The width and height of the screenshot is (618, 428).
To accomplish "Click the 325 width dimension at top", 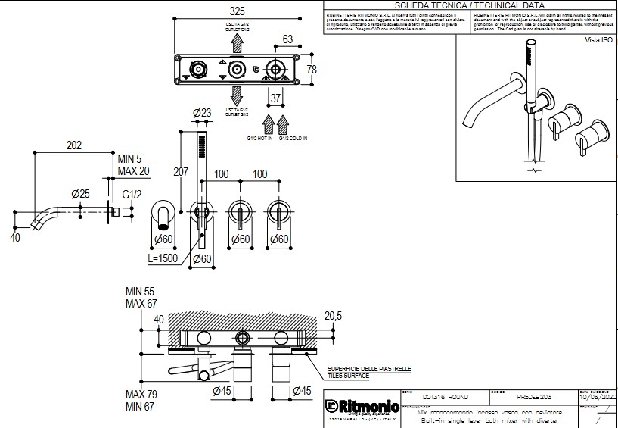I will (x=237, y=11).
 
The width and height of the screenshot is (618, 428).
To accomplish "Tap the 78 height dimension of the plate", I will (x=311, y=69).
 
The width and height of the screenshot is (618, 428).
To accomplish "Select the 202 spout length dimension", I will (x=74, y=145).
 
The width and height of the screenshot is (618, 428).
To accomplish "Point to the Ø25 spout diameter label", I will (x=80, y=194).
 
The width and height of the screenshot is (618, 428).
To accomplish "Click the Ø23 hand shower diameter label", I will (x=202, y=114).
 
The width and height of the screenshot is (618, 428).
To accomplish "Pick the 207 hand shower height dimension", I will (x=181, y=172).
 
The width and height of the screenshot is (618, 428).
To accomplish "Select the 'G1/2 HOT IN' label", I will (x=259, y=139).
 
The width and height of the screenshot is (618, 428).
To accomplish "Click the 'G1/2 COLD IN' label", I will (x=293, y=139).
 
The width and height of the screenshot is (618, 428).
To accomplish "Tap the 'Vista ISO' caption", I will (x=598, y=39).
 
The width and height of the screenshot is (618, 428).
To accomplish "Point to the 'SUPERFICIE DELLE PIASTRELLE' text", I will (x=369, y=368).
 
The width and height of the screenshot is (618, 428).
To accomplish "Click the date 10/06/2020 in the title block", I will (x=598, y=397).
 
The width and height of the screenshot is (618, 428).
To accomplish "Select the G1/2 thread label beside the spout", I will (x=132, y=194).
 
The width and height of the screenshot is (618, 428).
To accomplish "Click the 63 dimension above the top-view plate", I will (x=287, y=39).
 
